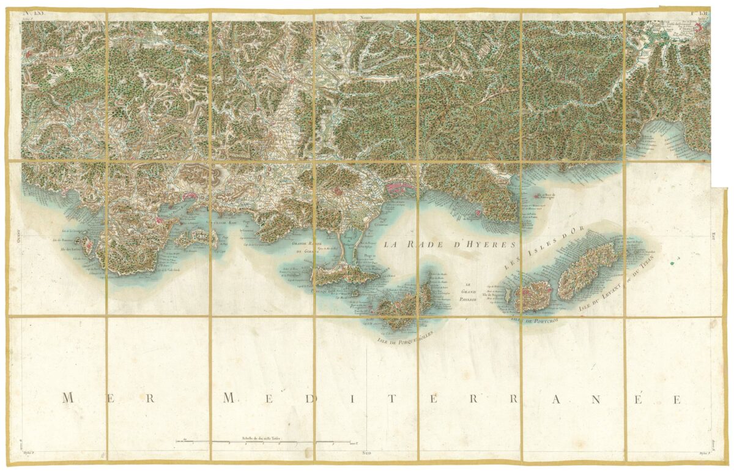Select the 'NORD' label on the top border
tap(366, 18)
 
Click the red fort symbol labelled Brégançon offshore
tap(536, 197)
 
